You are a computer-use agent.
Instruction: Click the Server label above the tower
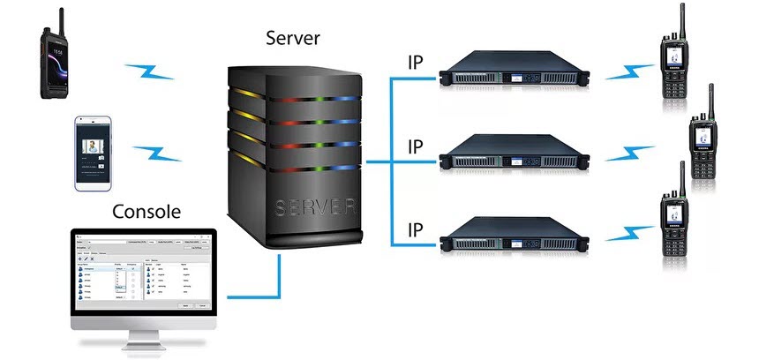295,40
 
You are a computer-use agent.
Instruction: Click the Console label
147,212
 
